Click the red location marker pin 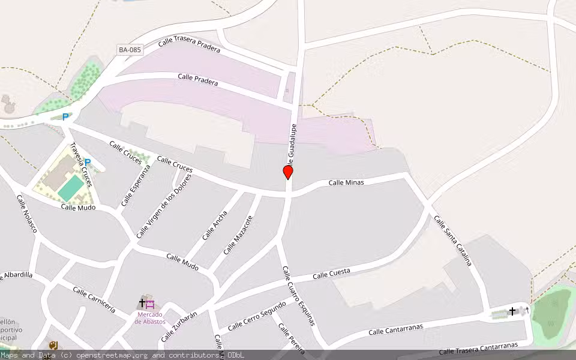coord(288,173)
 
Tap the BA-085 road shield coord(130,50)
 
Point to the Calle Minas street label coord(346,182)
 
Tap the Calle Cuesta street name coord(331,274)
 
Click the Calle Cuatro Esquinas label coord(298,295)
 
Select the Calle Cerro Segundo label coord(257,316)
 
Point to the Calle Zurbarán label coord(179,327)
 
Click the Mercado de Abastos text coord(150,318)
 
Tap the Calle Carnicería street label coord(94,299)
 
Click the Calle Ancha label coord(215,225)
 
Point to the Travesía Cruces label coord(80,164)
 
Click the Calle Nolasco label coord(27,214)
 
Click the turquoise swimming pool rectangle coord(71,188)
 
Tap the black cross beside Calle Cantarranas coord(512,311)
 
